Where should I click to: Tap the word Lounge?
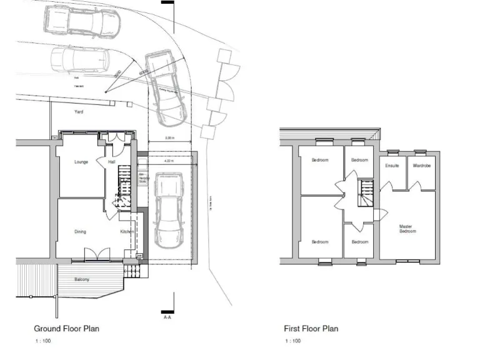tap(81, 162)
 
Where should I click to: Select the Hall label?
tap(112, 162)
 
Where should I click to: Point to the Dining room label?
tap(81, 232)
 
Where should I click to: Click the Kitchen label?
tap(127, 232)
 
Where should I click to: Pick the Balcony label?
tap(81, 279)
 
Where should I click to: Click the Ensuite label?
tap(392, 166)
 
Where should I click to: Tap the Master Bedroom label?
tap(407, 229)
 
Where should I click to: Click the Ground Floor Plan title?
tap(66, 328)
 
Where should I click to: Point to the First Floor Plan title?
tap(311, 328)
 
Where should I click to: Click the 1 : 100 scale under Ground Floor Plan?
tap(42, 341)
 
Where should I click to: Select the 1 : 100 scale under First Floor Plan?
tap(292, 341)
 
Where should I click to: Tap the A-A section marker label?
tap(167, 317)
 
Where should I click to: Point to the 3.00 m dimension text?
tap(169, 137)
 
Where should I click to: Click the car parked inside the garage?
tap(167, 210)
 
